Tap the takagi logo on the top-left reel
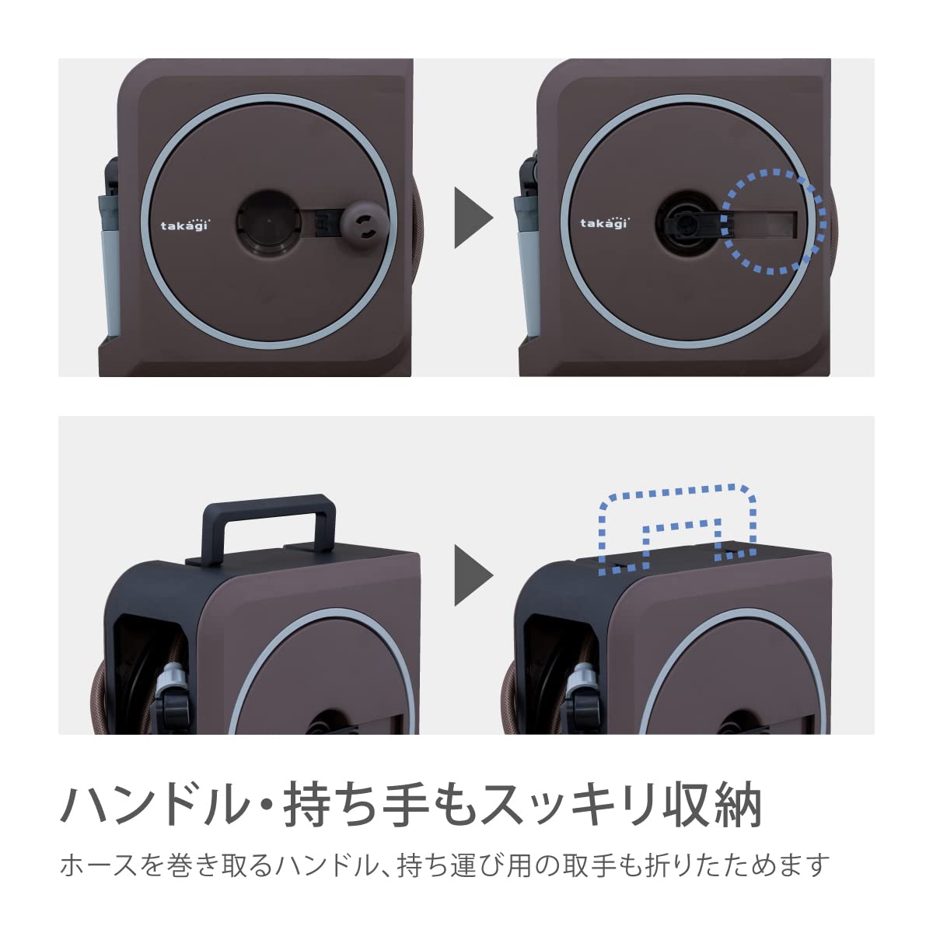[185, 225]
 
